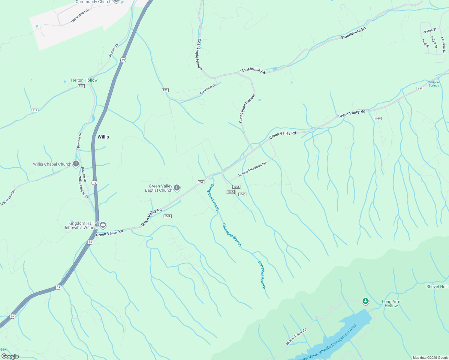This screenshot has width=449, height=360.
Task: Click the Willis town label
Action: pyautogui.click(x=103, y=137)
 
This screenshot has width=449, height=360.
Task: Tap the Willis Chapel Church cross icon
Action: pyautogui.click(x=76, y=164)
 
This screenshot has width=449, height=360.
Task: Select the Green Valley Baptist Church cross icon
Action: pyautogui.click(x=177, y=188)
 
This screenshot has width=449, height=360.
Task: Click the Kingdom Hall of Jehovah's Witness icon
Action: pyautogui.click(x=103, y=225)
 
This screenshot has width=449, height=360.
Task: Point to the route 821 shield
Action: pyautogui.click(x=165, y=90)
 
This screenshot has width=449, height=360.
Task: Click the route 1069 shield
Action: pyautogui.click(x=167, y=216)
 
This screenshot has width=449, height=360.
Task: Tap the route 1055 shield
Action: pyautogui.click(x=378, y=118)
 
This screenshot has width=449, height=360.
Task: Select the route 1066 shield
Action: pyautogui.click(x=236, y=187)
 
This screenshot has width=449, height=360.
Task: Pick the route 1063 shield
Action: pyautogui.click(x=242, y=194)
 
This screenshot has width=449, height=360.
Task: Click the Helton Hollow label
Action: pyautogui.click(x=84, y=80)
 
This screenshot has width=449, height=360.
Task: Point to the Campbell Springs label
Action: pyautogui.click(x=434, y=84)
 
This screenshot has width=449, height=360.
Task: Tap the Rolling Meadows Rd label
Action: pyautogui.click(x=252, y=169)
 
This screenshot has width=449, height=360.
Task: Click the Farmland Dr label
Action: pyautogui.click(x=208, y=90)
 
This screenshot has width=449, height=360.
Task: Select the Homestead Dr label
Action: pyautogui.click(x=80, y=16)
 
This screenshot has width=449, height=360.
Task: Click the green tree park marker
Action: pyautogui.click(x=365, y=301)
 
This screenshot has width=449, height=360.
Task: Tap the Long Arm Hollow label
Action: pyautogui.click(x=391, y=304)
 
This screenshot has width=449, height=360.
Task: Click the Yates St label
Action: pyautogui.click(x=430, y=31)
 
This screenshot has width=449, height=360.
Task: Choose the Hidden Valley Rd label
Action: pyautogui.click(x=296, y=337)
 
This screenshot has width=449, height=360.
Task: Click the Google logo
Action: pyautogui.click(x=10, y=356)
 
